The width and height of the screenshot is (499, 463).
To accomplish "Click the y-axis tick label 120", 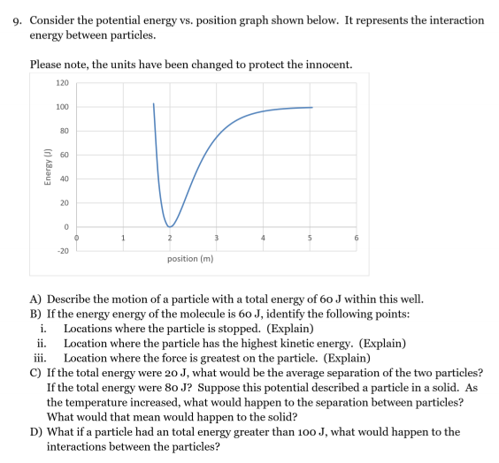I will [x=62, y=83].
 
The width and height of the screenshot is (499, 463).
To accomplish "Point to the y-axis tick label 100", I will [x=62, y=108].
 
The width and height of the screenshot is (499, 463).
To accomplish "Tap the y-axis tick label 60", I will [x=64, y=156].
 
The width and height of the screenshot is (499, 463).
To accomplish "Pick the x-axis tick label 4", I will [x=263, y=238].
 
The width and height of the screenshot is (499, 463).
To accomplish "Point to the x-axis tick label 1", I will [x=123, y=238].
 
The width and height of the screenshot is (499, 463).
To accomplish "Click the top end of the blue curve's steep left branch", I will [x=153, y=103].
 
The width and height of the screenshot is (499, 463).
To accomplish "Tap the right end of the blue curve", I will [x=312, y=107].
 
